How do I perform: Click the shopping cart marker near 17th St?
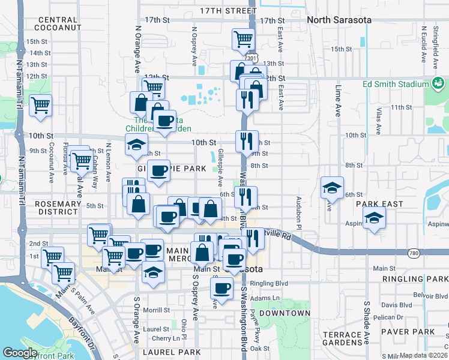243,40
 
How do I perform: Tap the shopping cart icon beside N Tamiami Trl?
41,106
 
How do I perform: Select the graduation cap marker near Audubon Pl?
331,188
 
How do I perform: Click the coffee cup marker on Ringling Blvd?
221,288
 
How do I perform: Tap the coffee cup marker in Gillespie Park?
158,171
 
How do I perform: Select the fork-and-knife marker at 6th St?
246,197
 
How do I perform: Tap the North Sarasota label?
339,20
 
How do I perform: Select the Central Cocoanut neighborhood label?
58,24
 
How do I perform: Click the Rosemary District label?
58,208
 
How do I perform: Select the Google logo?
20,352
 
